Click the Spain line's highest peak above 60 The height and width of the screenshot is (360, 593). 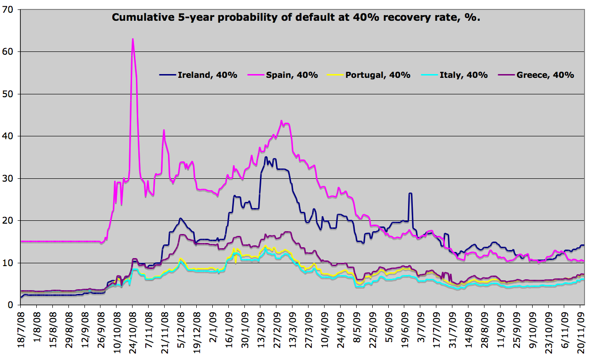(133, 39)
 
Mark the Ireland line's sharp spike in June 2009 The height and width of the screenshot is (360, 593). (410, 193)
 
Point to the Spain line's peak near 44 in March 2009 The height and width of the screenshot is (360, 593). (281, 121)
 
